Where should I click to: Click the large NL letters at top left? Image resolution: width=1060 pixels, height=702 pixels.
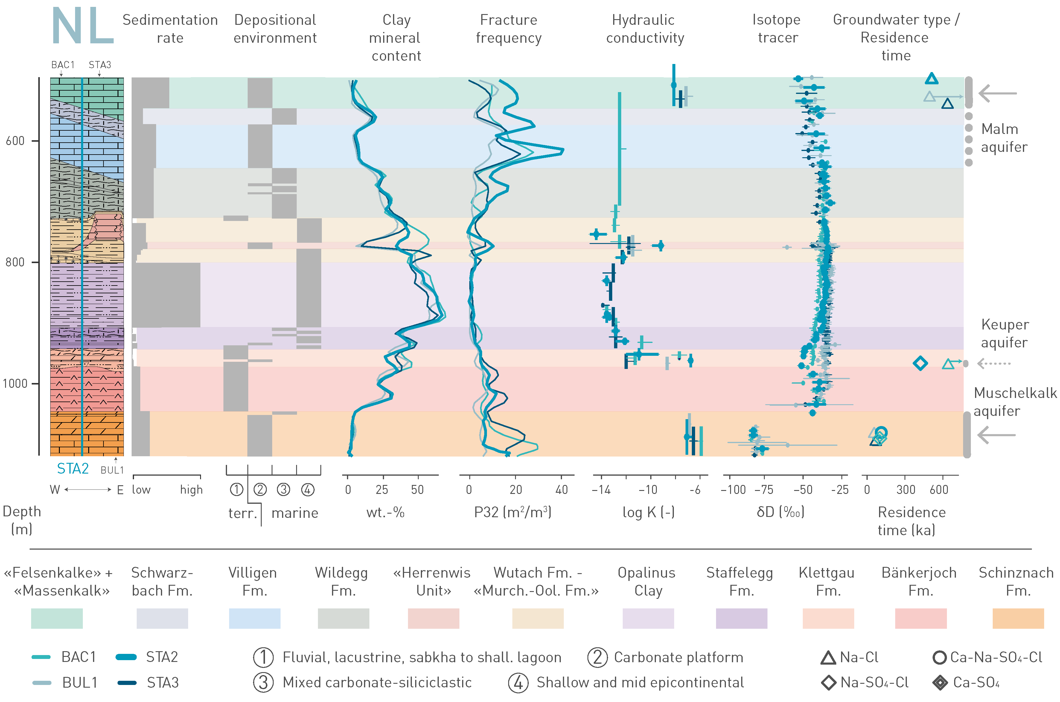[83, 26]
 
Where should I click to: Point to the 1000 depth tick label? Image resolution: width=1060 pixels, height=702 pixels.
[15, 384]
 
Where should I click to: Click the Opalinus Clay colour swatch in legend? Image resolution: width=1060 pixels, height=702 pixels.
[648, 618]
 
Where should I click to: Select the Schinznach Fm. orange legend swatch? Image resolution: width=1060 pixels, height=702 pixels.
[1018, 618]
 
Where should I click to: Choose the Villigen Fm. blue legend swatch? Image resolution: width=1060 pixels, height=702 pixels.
[254, 618]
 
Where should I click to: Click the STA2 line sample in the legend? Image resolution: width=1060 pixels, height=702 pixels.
[126, 657]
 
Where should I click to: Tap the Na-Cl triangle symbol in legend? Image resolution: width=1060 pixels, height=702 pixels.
[828, 658]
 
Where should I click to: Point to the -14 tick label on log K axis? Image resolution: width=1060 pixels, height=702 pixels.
[601, 490]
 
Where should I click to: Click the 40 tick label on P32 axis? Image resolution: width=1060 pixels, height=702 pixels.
[562, 490]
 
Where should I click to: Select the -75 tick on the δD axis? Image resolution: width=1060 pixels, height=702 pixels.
[764, 490]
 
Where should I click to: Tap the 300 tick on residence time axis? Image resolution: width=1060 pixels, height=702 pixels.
[905, 490]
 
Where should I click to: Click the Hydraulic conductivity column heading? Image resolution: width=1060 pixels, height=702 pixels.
[645, 29]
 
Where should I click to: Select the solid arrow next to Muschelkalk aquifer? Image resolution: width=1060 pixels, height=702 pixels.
[996, 435]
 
